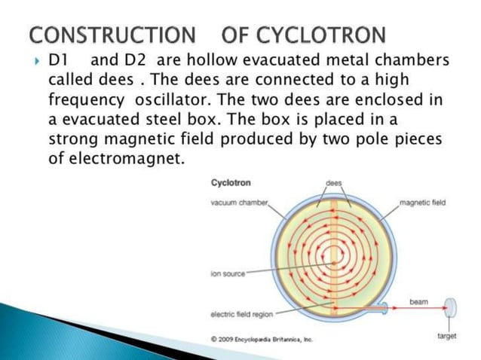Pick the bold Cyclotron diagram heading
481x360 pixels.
[231, 183]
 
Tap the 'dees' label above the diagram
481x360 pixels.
[332, 183]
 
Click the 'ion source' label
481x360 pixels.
[228, 273]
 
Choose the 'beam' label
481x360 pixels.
[419, 301]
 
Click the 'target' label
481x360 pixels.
[447, 336]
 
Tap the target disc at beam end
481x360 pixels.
[450, 308]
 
